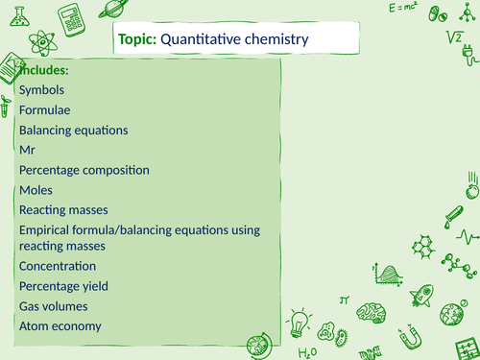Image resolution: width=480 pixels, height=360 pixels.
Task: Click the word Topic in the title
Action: (136, 39)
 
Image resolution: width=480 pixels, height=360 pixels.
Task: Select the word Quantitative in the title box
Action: (199, 39)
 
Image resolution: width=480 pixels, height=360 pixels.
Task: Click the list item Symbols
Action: (43, 89)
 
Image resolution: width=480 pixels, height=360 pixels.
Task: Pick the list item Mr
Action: (26, 150)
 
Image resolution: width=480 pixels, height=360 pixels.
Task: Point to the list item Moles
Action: (36, 190)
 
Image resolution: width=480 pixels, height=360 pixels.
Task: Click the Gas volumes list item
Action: (53, 306)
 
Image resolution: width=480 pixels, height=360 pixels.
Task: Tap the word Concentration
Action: (58, 266)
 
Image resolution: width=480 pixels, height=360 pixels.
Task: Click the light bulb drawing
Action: (300, 319)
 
